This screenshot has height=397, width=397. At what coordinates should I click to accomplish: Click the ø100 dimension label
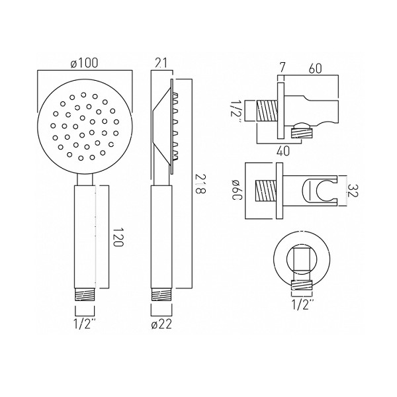(x=84, y=63)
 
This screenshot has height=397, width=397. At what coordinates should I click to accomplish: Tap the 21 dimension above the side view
(x=161, y=63)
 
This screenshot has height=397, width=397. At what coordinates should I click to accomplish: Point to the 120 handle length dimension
(x=118, y=237)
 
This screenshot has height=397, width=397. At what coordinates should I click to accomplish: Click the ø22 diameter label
(x=161, y=324)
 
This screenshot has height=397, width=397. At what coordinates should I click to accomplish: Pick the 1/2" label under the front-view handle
(x=85, y=324)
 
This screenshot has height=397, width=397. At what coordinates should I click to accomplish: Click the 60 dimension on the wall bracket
(x=315, y=68)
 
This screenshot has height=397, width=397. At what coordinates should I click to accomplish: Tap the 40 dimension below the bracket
(x=283, y=151)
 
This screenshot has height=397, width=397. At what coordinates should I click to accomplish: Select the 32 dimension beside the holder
(x=352, y=191)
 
